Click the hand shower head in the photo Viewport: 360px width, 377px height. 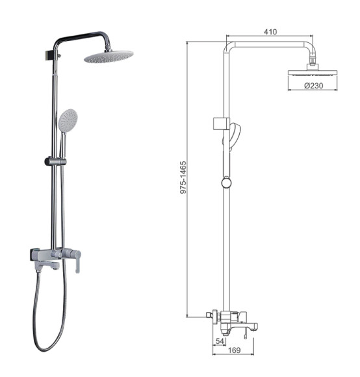tap(67, 120)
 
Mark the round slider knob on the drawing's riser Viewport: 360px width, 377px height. tap(225, 183)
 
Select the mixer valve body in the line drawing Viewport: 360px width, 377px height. tap(227, 320)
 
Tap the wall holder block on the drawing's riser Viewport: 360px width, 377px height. tap(220, 123)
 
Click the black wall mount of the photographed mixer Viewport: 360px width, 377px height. tap(34, 255)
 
